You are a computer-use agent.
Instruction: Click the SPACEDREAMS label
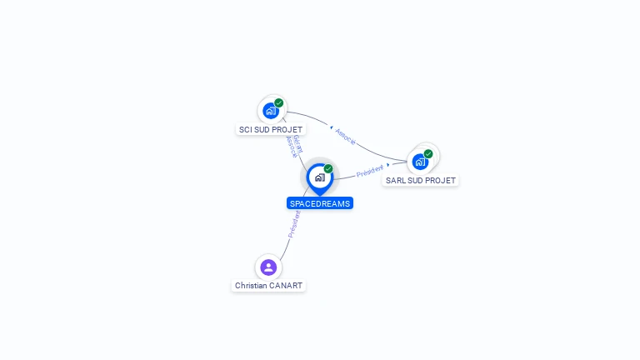pos(320,203)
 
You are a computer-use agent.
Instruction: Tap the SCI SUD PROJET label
pos(271,130)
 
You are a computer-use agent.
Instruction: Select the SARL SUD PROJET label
pos(421,180)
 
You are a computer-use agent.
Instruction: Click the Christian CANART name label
pos(268,286)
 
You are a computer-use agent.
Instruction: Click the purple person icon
pos(268,267)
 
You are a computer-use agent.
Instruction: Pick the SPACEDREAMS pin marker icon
pos(319,177)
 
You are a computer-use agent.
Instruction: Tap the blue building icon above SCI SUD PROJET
pos(270,110)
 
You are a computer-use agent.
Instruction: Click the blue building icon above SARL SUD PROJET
pos(420,161)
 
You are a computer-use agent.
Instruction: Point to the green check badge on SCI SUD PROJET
pos(279,102)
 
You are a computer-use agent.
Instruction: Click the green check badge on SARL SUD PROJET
pos(428,153)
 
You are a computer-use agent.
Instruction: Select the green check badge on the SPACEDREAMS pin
pos(328,168)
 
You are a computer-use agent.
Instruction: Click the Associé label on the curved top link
pos(346,136)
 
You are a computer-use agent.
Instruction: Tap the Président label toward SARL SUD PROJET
pos(370,171)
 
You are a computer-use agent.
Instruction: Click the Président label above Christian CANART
pos(294,224)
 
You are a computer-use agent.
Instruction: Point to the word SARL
pos(395,180)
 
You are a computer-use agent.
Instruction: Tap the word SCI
pos(246,130)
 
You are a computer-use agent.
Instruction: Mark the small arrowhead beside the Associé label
pos(330,127)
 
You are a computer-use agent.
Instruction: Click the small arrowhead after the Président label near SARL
pos(389,165)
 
